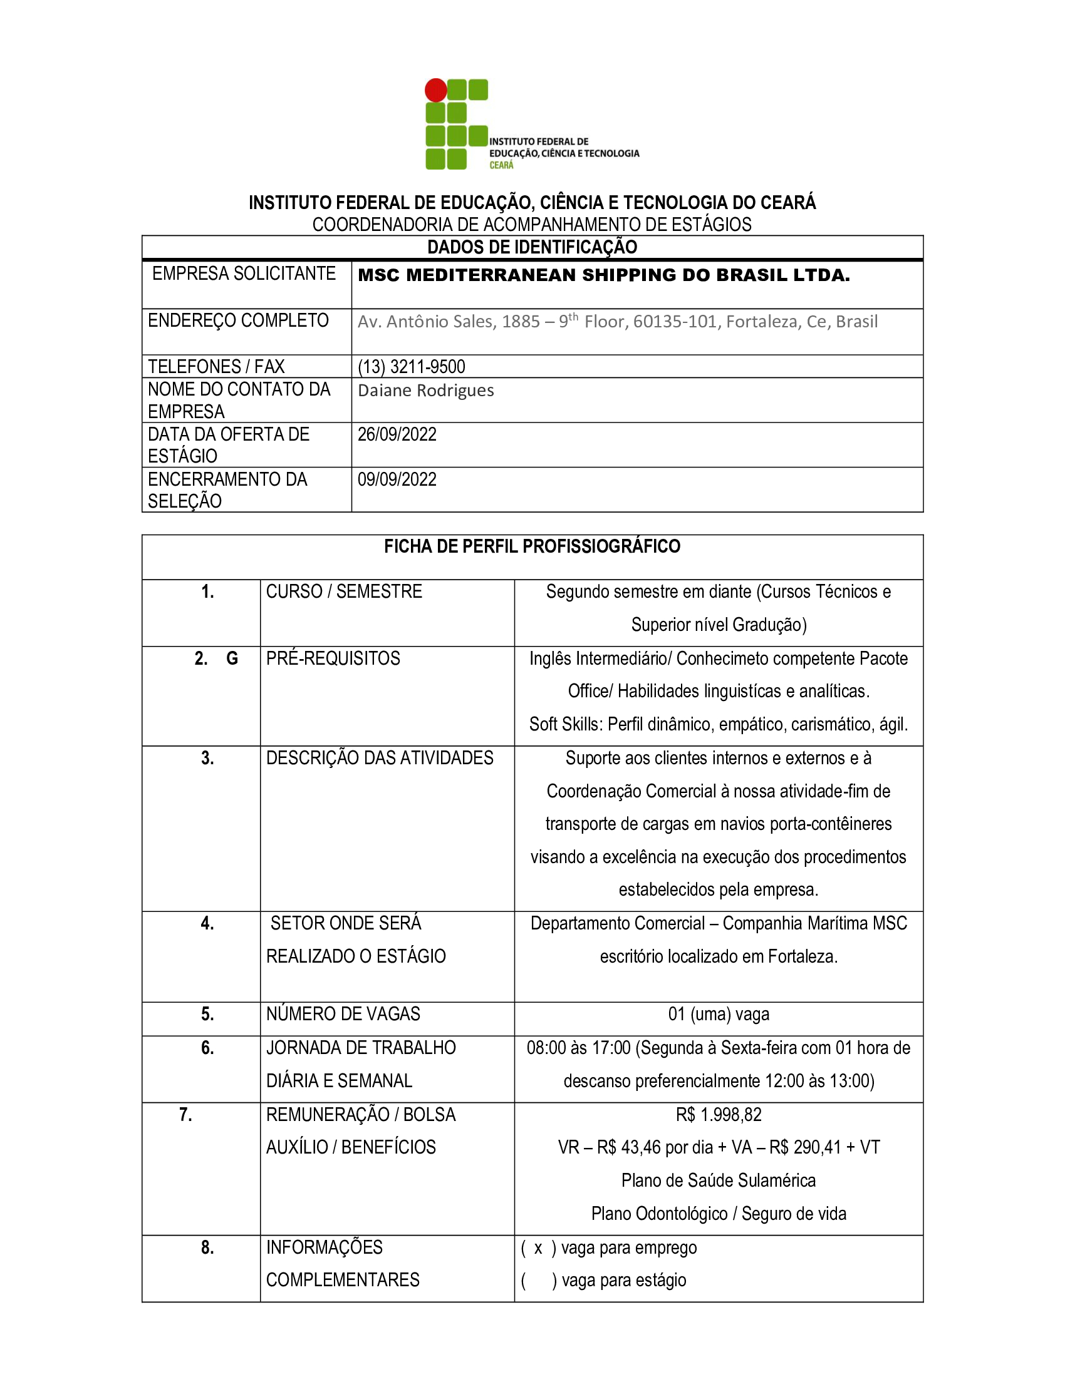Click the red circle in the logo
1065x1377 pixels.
[x=435, y=90]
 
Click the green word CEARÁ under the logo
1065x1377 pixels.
[x=502, y=165]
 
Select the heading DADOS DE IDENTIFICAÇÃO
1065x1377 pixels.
[x=532, y=247]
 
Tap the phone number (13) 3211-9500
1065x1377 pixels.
[x=412, y=366]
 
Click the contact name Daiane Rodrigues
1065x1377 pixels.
[x=426, y=391]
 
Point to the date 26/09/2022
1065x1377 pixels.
[x=397, y=434]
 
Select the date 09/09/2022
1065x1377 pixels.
[x=397, y=479]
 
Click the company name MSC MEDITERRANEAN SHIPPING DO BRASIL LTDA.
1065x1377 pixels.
[x=604, y=275]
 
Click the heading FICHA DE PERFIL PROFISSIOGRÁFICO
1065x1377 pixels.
[x=532, y=546]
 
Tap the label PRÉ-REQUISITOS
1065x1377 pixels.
[x=333, y=658]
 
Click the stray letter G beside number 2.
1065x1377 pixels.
[x=232, y=658]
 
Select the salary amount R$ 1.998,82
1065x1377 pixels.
[x=719, y=1115]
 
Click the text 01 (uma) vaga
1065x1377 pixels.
[x=719, y=1014]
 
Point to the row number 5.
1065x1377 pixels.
[x=207, y=1014]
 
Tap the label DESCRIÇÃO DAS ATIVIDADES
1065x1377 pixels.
[x=380, y=758]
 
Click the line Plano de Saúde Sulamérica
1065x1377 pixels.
[x=719, y=1180]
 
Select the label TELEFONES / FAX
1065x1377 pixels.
[x=216, y=366]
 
